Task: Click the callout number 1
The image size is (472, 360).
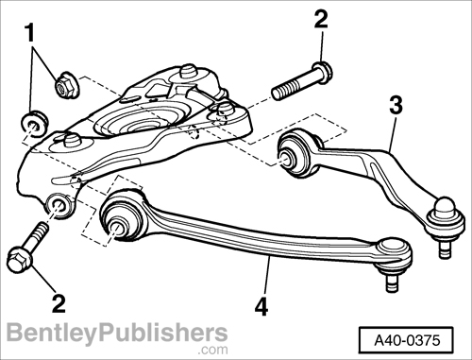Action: (32, 33)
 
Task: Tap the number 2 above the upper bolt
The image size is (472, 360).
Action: (322, 19)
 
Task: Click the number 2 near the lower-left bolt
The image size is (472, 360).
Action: (59, 302)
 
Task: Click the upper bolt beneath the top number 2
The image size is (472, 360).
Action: (302, 81)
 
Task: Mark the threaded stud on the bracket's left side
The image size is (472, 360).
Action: (70, 143)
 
